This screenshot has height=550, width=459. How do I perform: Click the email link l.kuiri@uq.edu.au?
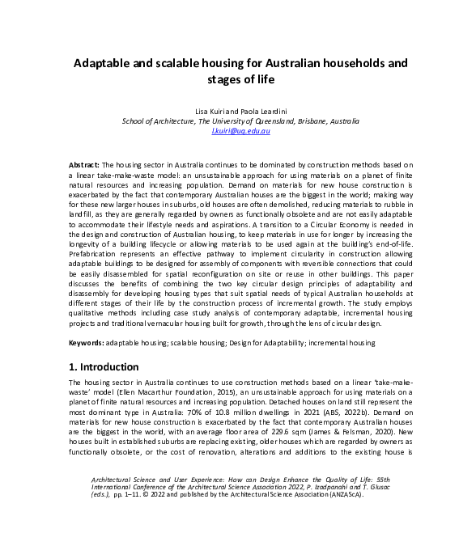coord(240,130)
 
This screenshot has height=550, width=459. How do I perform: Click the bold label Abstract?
coord(84,164)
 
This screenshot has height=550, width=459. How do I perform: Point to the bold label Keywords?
coord(87,343)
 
